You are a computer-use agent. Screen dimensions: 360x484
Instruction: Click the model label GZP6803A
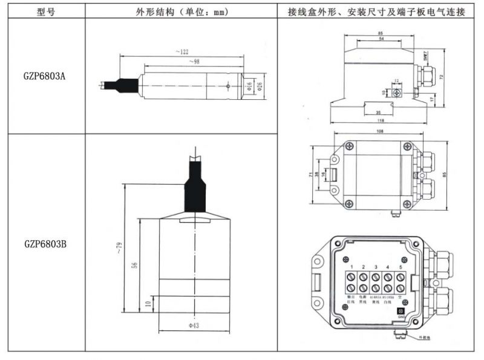click(45, 77)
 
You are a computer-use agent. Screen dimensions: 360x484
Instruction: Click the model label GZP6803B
click(45, 244)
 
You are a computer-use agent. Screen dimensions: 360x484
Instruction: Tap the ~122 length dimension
click(181, 53)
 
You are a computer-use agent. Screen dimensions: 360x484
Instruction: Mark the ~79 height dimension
click(119, 247)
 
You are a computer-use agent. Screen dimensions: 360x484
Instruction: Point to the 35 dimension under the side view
click(378, 112)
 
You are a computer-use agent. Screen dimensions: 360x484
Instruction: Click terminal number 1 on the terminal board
click(352, 267)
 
